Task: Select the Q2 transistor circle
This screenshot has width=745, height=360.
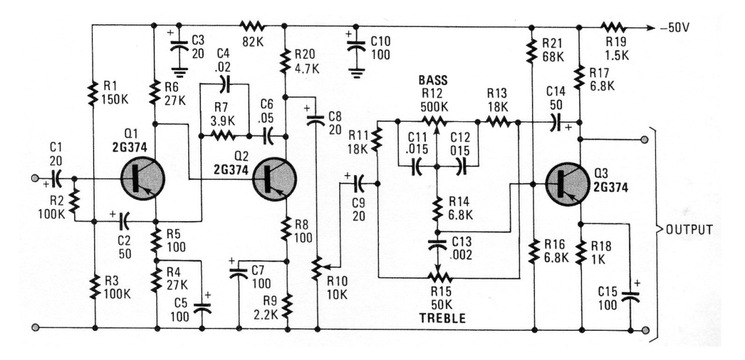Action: click(x=273, y=180)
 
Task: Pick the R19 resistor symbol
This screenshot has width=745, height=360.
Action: click(x=612, y=26)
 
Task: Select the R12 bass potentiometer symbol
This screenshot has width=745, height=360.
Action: click(x=436, y=121)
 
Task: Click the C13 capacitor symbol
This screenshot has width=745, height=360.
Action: click(x=438, y=243)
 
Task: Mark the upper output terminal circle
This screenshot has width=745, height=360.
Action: click(x=645, y=139)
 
